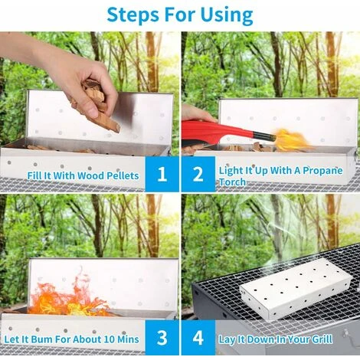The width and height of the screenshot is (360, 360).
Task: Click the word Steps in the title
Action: click(x=133, y=15)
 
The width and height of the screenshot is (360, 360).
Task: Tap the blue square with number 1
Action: click(x=162, y=174)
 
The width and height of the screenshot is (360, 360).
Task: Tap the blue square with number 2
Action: click(x=198, y=174)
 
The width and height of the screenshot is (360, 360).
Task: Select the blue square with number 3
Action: click(x=162, y=337)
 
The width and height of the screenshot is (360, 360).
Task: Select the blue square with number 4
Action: click(x=198, y=337)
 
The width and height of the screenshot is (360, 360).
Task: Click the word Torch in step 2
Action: click(x=232, y=182)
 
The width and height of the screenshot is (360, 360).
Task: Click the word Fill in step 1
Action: click(x=34, y=175)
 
